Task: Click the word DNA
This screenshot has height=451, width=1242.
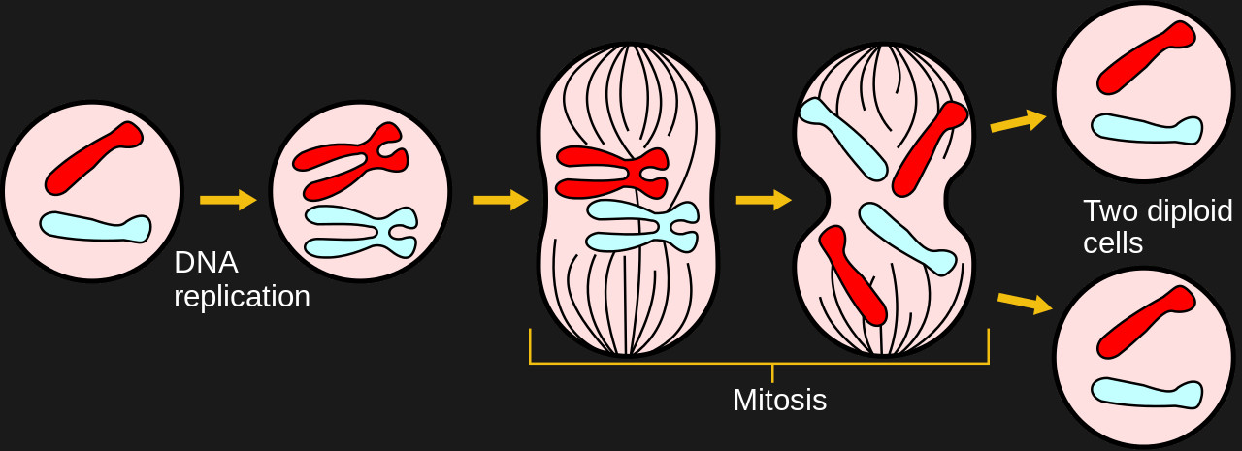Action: [206, 263]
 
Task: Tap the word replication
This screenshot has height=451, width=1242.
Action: [242, 297]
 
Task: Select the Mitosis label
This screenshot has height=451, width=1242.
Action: [779, 400]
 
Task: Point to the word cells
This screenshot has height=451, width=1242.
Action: [1113, 243]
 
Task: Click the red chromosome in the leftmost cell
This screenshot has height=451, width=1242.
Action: [93, 157]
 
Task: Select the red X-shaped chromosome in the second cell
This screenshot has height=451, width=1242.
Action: [349, 161]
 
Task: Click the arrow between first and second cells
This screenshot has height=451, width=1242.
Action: [228, 200]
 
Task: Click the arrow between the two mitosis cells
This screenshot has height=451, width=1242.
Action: [764, 200]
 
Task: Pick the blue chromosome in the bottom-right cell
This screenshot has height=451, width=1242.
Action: [1146, 391]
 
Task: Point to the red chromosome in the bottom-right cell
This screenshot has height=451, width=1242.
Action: [1145, 321]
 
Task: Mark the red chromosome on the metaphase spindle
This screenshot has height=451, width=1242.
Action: [611, 172]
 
